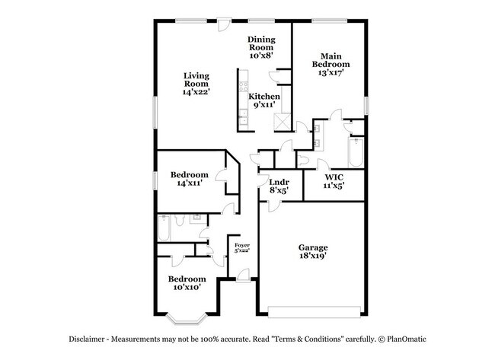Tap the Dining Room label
point(260,47)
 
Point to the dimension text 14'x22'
point(196,92)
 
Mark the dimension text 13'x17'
point(331,74)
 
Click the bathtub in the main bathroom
point(356,152)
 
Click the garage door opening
point(314,309)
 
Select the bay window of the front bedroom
point(185,314)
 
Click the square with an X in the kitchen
point(280,120)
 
